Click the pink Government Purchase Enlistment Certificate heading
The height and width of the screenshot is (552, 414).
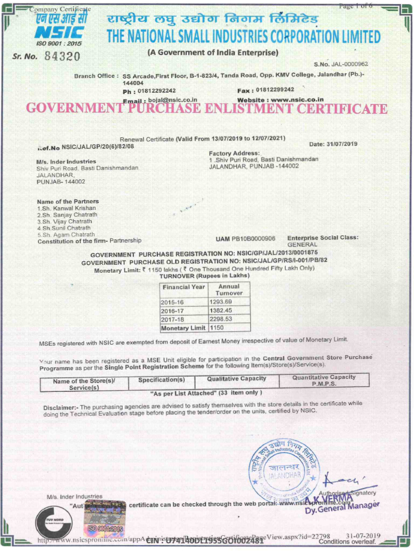(206, 109)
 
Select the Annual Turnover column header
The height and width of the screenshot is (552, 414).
(229, 290)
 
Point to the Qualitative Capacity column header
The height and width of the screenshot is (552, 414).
(236, 379)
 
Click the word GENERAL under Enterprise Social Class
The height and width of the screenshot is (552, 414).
(302, 244)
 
